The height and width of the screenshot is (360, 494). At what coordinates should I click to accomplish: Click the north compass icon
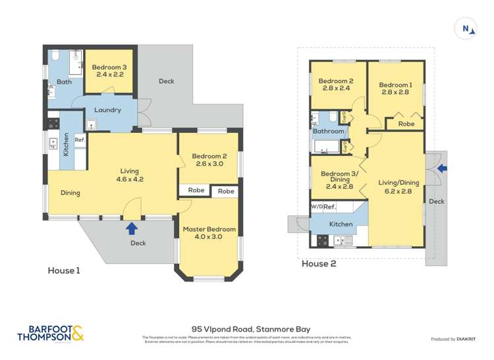pos(466,28)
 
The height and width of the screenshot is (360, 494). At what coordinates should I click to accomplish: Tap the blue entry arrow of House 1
pos(132,228)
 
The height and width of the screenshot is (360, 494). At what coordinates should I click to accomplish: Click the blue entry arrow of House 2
pos(442,168)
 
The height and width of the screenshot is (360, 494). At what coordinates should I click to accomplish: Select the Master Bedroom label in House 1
pos(209,233)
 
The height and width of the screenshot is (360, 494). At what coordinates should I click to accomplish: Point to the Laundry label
pos(107,110)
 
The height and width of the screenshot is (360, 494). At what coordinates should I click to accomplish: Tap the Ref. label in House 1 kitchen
pos(79,140)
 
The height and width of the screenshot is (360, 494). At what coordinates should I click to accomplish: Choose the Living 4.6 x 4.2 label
pos(130,174)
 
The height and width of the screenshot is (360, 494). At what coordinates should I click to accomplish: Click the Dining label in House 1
pos(70,193)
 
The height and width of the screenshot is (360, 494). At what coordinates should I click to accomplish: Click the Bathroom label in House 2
pos(328,131)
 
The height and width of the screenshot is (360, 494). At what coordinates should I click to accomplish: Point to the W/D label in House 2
pos(316,207)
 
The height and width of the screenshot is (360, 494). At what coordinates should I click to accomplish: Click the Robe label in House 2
pos(406,124)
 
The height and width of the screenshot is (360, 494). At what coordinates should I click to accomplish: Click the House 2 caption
pos(318,264)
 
